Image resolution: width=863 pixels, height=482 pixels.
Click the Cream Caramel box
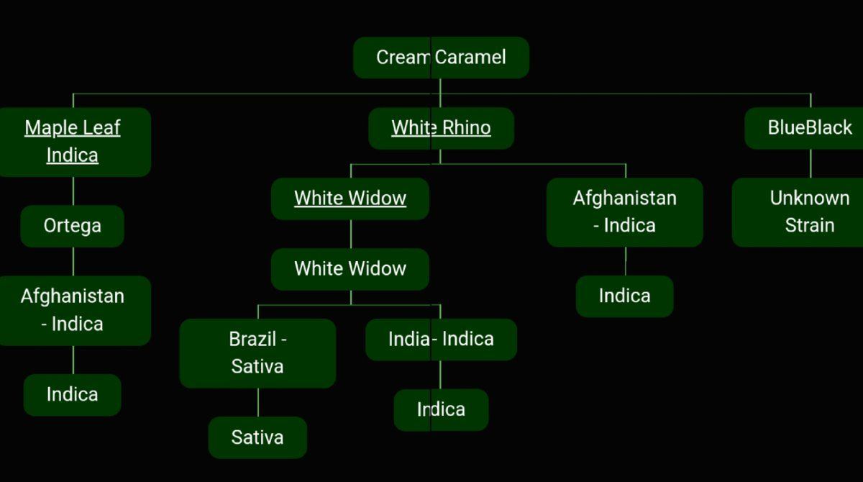(x=441, y=58)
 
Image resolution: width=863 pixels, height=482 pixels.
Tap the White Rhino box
(x=441, y=128)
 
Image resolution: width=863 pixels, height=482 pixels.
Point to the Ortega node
(x=73, y=226)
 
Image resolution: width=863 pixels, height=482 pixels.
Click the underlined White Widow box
(x=350, y=199)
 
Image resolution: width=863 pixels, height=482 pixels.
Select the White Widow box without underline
(x=350, y=269)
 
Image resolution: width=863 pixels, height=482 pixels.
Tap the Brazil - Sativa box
(x=257, y=353)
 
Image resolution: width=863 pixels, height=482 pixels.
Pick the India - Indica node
(x=441, y=340)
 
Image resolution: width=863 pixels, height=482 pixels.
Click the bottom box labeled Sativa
(x=257, y=437)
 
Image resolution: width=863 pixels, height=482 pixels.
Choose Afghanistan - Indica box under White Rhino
(x=625, y=212)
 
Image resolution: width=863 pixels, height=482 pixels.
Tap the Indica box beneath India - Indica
(x=441, y=410)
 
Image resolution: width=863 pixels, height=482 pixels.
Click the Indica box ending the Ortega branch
(x=73, y=395)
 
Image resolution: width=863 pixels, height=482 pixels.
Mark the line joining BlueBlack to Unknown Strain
(x=811, y=164)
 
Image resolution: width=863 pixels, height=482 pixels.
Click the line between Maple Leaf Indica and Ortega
(x=73, y=191)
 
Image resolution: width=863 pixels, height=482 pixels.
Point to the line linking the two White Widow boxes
(x=351, y=235)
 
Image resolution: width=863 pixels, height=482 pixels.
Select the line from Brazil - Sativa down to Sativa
(x=258, y=403)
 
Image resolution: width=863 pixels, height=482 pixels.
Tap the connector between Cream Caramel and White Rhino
(x=440, y=94)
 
